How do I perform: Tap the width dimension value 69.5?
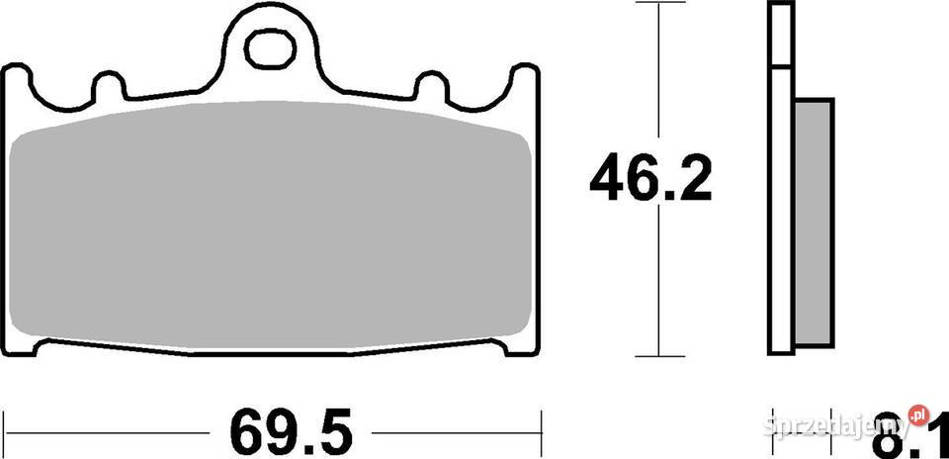pos(291,431)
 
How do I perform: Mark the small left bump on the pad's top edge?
pos(109,86)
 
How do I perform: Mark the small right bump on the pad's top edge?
pos(431,86)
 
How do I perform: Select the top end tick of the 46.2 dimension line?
pos(658,4)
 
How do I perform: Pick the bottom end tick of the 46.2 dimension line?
pos(658,356)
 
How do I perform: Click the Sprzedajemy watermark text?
pos(838,426)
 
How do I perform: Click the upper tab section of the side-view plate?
pos(780,36)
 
